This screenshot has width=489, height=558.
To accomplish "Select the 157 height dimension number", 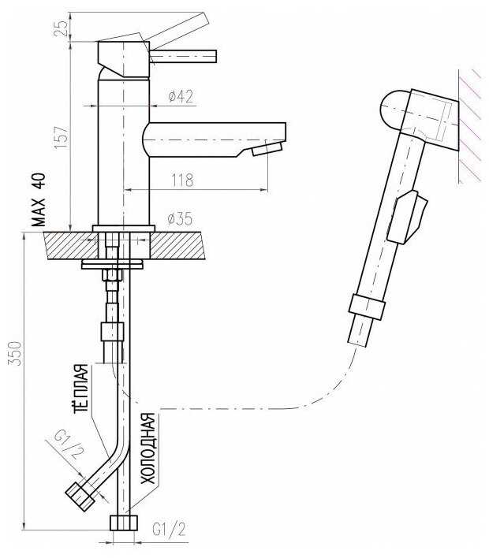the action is pyautogui.click(x=61, y=137).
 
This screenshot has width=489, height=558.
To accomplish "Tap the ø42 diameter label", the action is pyautogui.click(x=181, y=96).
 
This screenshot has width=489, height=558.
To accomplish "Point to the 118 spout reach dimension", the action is pyautogui.click(x=183, y=180).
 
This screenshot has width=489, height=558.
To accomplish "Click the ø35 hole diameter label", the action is pyautogui.click(x=180, y=218).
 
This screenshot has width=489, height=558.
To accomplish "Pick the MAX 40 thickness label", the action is pyautogui.click(x=39, y=200).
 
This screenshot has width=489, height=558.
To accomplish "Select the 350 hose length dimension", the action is pyautogui.click(x=15, y=353).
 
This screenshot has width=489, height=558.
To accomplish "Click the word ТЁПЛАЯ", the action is pyautogui.click(x=81, y=389).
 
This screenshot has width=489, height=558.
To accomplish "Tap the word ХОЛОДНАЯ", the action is pyautogui.click(x=147, y=448).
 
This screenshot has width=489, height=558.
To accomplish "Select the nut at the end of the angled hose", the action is pyautogui.click(x=80, y=497).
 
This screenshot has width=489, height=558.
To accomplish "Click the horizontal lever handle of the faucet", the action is pyautogui.click(x=183, y=56).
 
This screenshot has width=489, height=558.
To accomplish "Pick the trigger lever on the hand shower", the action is pyautogui.click(x=407, y=218).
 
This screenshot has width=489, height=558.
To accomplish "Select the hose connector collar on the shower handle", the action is pyautogui.click(x=367, y=307).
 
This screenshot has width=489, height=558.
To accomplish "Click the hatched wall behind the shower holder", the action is pyautogui.click(x=470, y=126).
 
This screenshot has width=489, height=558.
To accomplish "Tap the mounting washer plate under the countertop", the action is pyautogui.click(x=112, y=264).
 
